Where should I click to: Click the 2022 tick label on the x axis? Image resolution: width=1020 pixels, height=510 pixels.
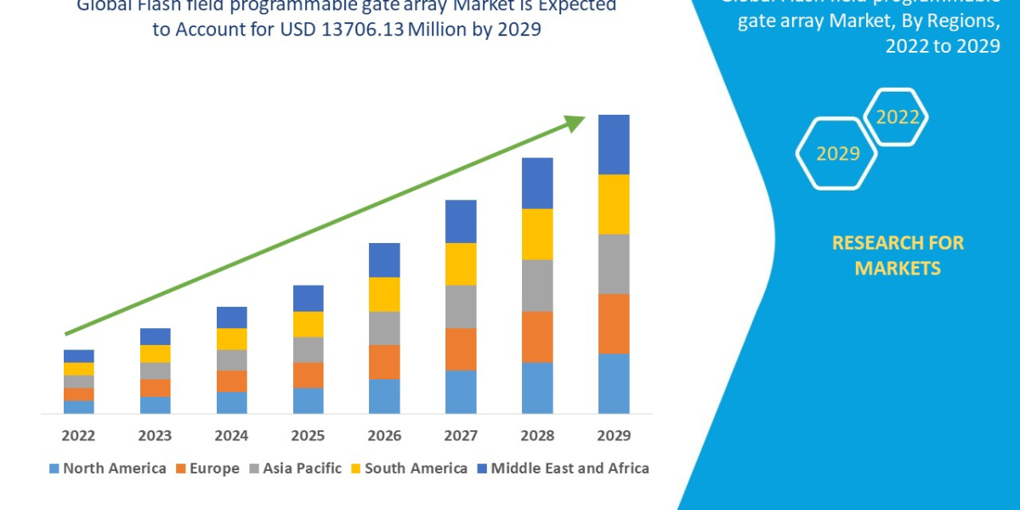(78, 436)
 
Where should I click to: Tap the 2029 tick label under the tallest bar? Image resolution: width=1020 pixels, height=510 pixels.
(614, 436)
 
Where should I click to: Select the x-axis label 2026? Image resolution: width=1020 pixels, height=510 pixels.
(384, 436)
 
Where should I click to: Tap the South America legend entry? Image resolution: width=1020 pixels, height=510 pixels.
(408, 468)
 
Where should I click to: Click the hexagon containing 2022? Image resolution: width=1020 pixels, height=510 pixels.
(897, 117)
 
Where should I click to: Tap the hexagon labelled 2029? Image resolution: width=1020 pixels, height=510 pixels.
(837, 154)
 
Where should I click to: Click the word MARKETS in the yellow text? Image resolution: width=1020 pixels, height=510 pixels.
(898, 269)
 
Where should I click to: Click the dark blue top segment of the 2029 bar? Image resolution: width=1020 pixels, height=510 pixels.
(614, 144)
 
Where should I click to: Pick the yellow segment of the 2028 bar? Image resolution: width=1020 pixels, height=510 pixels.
(537, 234)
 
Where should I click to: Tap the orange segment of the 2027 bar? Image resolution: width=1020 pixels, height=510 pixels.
(461, 348)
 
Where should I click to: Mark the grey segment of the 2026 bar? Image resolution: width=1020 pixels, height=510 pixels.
(384, 328)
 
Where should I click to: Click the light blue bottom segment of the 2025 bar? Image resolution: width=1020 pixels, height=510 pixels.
(308, 400)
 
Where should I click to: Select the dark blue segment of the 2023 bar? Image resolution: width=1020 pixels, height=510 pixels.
(155, 337)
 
